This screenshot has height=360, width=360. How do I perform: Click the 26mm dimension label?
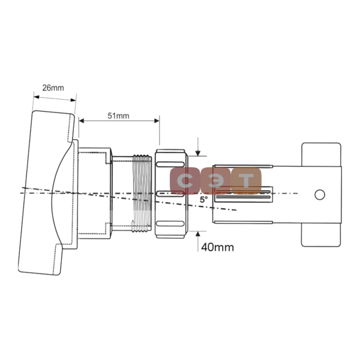click(x=53, y=88)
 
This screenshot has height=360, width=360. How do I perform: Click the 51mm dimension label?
click(x=118, y=116)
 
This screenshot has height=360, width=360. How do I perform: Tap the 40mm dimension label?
click(x=217, y=247)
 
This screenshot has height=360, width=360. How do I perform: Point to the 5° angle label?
click(x=203, y=200)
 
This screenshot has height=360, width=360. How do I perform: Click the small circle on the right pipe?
click(x=320, y=194)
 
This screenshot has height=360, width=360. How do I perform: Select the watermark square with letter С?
click(x=185, y=181)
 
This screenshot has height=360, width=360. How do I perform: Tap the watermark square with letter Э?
click(x=215, y=181)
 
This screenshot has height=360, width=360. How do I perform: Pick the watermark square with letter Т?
click(x=246, y=181)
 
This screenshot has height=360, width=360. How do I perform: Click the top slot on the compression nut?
click(x=170, y=164)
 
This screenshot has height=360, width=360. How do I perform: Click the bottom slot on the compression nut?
click(x=170, y=223)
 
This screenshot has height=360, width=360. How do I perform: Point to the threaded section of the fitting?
click(x=142, y=193)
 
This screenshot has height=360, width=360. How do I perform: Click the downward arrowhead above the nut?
click(x=198, y=153)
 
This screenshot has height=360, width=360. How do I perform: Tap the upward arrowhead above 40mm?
click(x=198, y=234)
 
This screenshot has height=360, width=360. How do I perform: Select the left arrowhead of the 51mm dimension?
click(x=82, y=121)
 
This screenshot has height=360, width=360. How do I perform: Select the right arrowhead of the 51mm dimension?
click(x=157, y=121)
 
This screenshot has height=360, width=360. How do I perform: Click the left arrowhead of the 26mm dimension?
click(x=37, y=97)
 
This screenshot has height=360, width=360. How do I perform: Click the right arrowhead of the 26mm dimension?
click(x=73, y=100)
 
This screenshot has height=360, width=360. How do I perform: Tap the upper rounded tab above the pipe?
click(x=321, y=154)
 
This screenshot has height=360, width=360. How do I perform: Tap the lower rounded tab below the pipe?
click(x=321, y=235)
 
